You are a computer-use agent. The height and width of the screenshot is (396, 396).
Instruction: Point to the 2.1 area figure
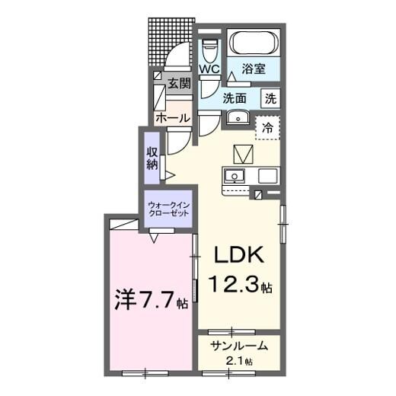coord(238,360)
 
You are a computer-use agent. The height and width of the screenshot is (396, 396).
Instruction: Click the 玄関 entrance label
coord(180,84)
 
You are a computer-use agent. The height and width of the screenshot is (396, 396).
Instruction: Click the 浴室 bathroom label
coord(254,69)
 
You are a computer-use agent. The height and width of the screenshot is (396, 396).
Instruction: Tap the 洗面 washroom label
coord(235,97)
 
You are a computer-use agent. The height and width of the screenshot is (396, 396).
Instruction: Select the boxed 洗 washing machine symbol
coord(270,97)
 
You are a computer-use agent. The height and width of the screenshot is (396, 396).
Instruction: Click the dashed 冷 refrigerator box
coord(267,126)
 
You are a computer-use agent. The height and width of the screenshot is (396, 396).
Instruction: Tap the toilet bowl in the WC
coord(210,46)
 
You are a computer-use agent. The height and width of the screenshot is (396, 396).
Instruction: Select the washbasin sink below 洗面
coord(237,118)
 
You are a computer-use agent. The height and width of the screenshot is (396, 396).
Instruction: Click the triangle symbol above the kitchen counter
coord(243,154)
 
